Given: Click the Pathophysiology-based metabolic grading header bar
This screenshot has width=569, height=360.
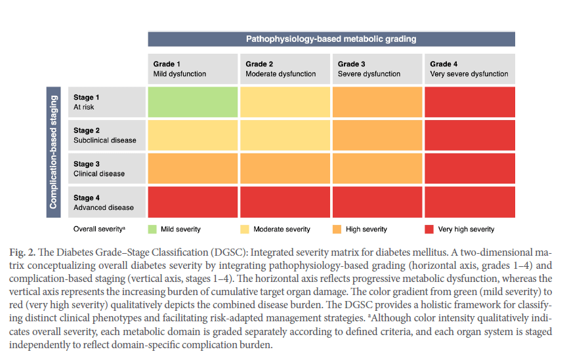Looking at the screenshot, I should tap(331, 39).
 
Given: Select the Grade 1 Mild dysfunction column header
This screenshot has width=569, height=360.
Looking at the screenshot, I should tap(192, 69).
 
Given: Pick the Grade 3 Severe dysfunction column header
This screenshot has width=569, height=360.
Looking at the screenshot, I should tap(377, 69).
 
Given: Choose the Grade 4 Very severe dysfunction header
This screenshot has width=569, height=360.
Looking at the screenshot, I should tap(469, 69).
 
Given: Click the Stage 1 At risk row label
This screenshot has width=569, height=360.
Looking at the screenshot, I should tap(106, 102).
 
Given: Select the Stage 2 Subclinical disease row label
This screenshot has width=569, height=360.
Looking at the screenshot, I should tap(106, 135).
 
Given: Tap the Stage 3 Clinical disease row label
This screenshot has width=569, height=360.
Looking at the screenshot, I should tap(106, 169).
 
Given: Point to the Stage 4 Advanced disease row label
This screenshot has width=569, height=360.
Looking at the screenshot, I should tap(106, 202).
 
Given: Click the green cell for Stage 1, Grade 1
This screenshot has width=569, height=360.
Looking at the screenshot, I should tap(192, 102).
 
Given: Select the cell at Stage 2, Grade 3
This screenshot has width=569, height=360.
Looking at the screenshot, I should tap(377, 135).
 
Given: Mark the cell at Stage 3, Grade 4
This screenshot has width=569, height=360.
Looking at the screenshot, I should tap(469, 169).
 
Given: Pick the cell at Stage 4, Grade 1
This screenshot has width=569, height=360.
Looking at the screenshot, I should tap(192, 202).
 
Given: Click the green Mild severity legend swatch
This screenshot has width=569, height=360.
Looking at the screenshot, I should tap(152, 229).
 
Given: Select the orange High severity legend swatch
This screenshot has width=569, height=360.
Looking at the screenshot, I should tap(337, 229).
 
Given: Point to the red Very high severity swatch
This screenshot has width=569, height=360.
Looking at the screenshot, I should tap(429, 229).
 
